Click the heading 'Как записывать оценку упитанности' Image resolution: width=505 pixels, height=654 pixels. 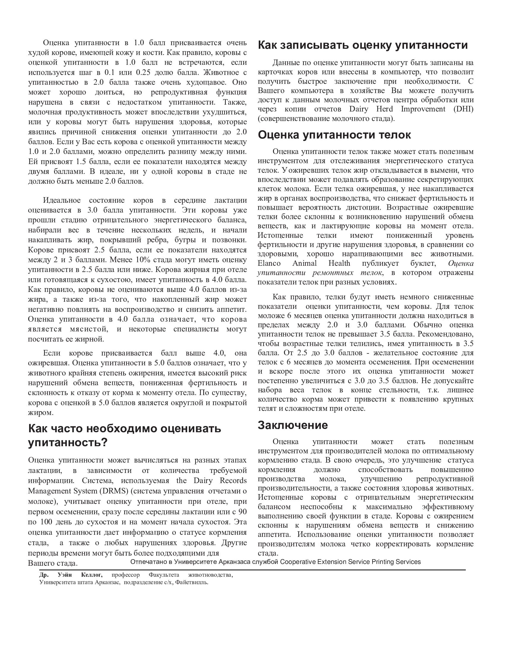click(363, 45)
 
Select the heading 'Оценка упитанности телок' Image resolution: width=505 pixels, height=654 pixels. click(334, 135)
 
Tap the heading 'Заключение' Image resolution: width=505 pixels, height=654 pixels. click(293, 425)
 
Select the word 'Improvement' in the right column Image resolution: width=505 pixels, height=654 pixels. click(423, 109)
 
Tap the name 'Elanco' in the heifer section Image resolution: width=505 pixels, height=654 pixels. click(269, 263)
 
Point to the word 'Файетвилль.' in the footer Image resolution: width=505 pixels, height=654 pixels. click(192, 582)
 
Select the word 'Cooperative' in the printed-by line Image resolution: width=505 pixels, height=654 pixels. click(298, 562)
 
